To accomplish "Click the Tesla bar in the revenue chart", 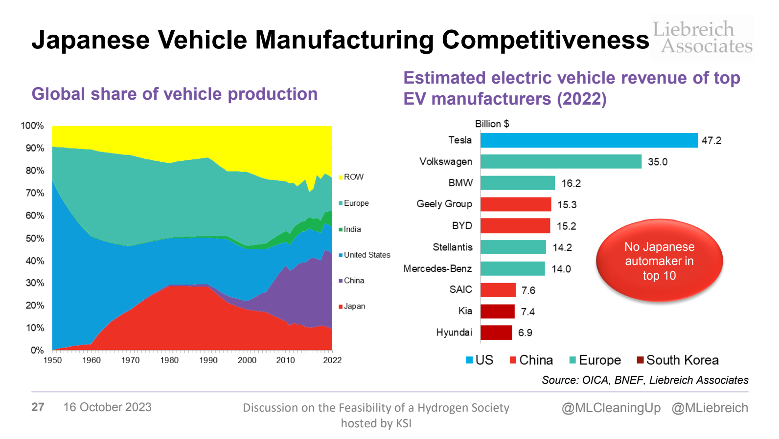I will (589, 140).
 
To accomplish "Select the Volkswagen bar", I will (561, 161).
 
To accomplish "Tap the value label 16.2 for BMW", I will (571, 183).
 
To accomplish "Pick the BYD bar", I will (515, 226).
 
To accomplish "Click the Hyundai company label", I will (454, 332).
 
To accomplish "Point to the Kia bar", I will (498, 311).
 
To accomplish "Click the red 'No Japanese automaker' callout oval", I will (659, 261).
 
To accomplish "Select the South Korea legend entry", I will (677, 360).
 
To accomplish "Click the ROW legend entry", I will (353, 177).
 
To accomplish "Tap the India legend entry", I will (351, 229).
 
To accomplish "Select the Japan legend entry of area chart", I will (353, 307).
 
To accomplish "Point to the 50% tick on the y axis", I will (35, 239).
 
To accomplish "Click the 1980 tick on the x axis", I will (169, 360).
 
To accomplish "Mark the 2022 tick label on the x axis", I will (332, 360).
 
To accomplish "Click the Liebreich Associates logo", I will (702, 37).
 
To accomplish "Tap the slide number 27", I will (38, 407).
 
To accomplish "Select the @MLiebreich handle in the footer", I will (710, 408).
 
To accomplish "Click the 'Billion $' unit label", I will (492, 124).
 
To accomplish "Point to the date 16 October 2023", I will (107, 407).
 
